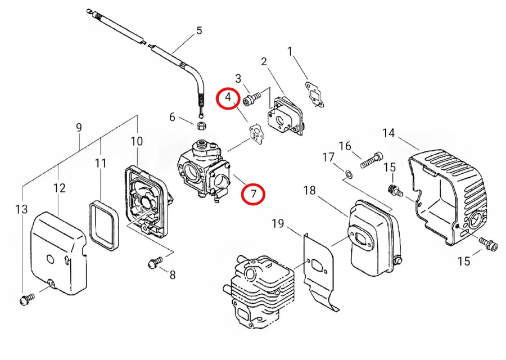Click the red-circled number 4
tap(228, 98)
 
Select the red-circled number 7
tap(254, 194)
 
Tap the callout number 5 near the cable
tap(199, 31)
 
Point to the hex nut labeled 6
tap(202, 125)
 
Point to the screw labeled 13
tap(27, 300)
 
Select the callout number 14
tap(388, 133)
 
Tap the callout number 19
tap(278, 223)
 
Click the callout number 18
tap(309, 191)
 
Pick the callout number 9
tap(79, 127)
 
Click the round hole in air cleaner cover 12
tap(50, 259)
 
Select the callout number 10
tap(137, 141)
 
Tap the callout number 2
tap(264, 61)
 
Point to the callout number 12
tap(60, 188)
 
